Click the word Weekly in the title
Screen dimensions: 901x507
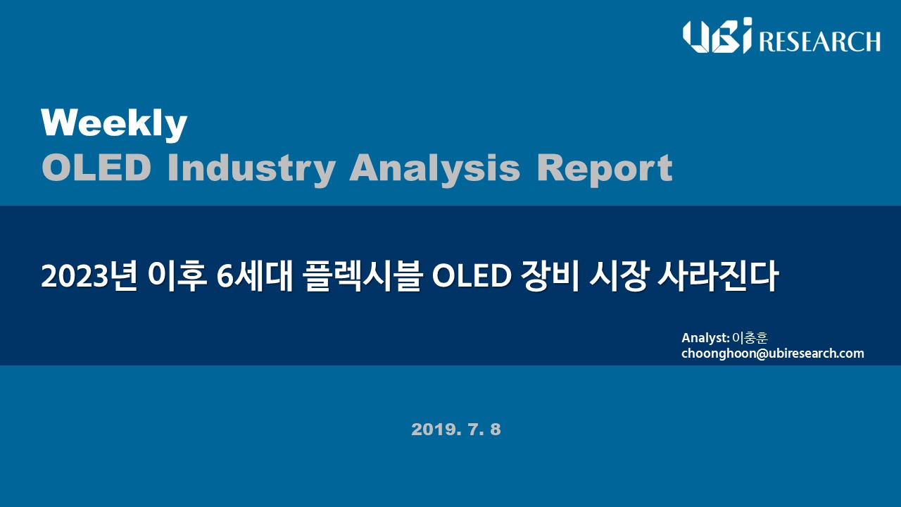(x=114, y=124)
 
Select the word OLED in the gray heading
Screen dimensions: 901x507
(x=96, y=168)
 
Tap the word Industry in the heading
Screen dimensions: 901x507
(x=251, y=169)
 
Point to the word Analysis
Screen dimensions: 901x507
(x=435, y=169)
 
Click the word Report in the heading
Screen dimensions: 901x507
(x=605, y=169)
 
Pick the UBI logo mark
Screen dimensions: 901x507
(x=717, y=35)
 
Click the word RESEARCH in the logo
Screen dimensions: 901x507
(x=819, y=42)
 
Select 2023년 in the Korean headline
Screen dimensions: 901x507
(x=89, y=277)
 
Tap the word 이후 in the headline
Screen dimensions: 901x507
(x=177, y=277)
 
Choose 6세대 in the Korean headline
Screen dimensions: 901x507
(x=255, y=277)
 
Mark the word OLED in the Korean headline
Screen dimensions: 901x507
(x=472, y=277)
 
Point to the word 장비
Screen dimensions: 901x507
(x=550, y=277)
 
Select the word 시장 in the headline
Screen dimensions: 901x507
(x=618, y=277)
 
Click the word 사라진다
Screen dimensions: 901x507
(x=717, y=277)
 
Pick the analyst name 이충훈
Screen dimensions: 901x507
(x=750, y=337)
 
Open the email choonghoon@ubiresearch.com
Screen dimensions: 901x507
(x=772, y=353)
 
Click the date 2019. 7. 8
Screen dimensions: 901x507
(x=456, y=430)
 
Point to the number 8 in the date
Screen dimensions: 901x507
(x=496, y=430)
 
